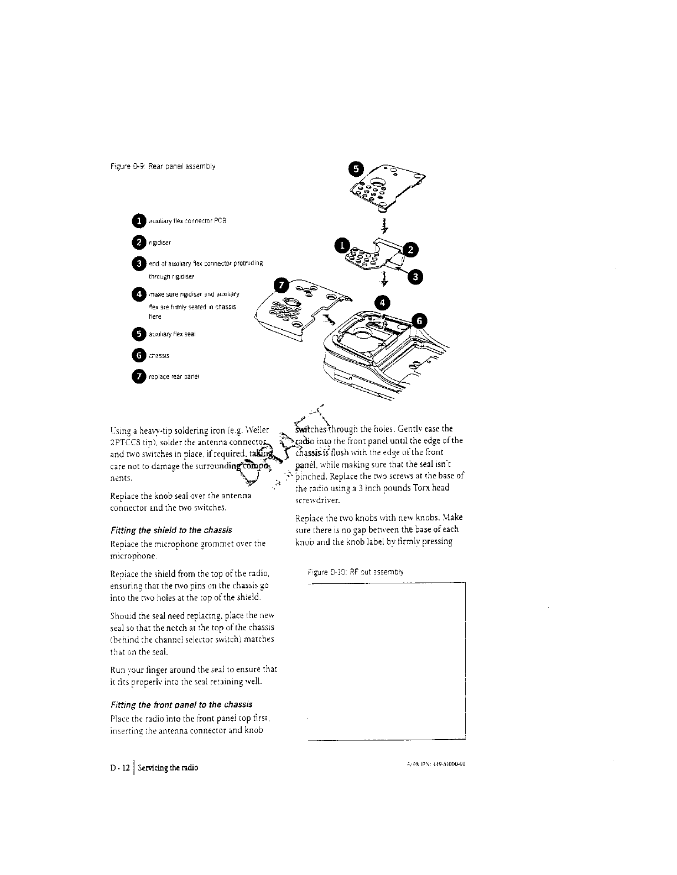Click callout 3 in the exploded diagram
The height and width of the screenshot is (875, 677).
[x=418, y=277]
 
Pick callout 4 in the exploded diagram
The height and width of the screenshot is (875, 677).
[x=383, y=302]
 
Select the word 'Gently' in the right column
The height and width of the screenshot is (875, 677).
[x=413, y=429]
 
